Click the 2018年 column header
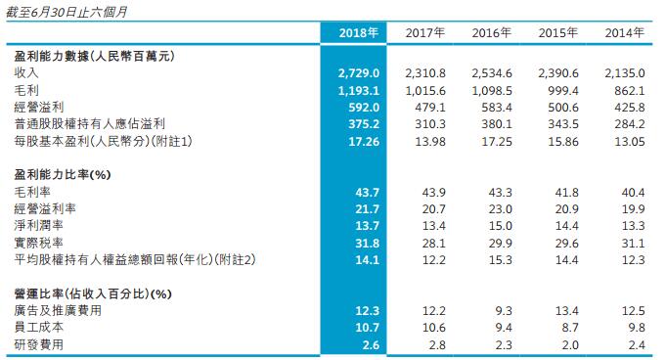coord(359,33)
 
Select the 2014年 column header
coord(625,33)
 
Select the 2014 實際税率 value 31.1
coord(632,242)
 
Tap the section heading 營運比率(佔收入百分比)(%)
coord(94,292)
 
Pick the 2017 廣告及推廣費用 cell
coord(432,310)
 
